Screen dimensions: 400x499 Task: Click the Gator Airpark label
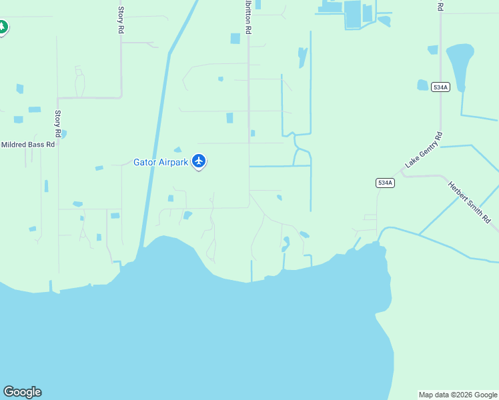161,162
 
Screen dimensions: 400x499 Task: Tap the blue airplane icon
199,161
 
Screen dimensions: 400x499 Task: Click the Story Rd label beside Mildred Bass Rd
59,124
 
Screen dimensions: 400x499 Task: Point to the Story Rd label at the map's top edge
121,20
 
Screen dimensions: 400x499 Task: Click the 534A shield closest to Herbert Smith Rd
386,183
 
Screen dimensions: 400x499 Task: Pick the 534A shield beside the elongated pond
440,87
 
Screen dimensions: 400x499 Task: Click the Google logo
22,392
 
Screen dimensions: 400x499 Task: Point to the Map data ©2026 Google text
458,395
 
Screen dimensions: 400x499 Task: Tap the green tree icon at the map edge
3,28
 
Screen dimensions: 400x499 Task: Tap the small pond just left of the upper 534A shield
422,85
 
